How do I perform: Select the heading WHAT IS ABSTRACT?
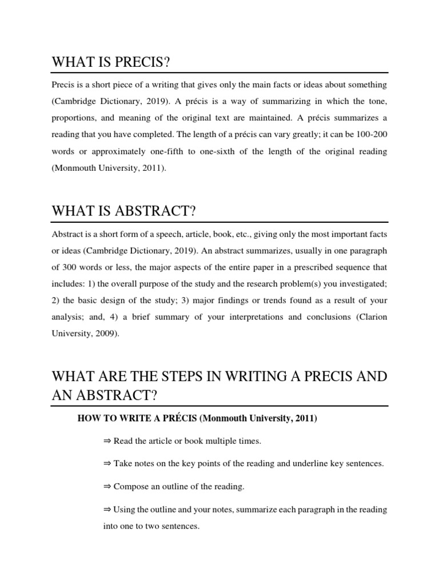tap(124, 211)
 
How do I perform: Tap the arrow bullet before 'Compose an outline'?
tap(107, 487)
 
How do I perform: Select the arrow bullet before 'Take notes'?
tap(107, 464)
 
